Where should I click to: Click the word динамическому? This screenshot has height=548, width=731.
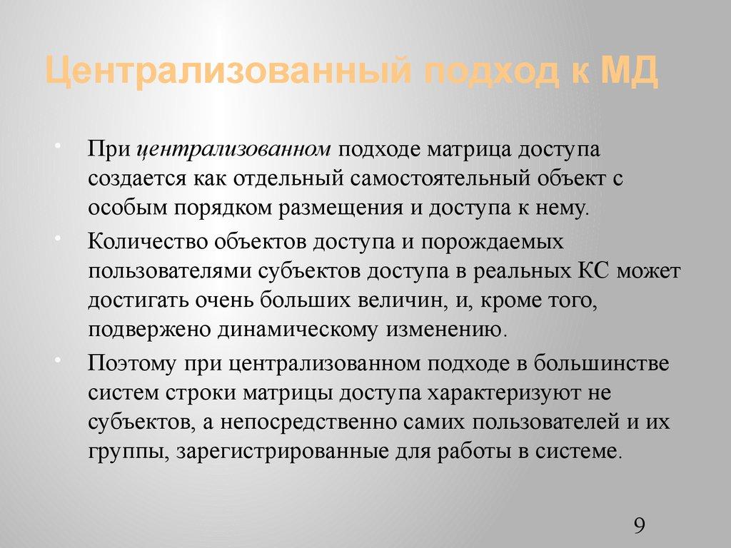[315, 330]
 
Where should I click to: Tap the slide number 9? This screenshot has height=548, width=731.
[639, 527]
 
